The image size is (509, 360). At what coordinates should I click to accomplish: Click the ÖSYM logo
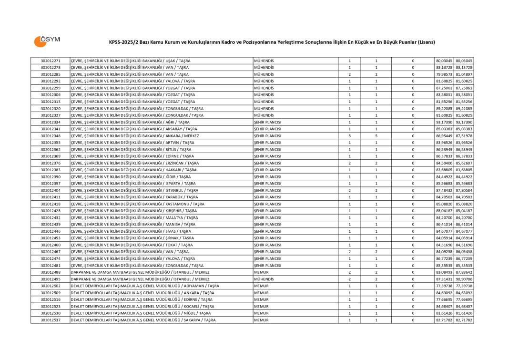pos(47,41)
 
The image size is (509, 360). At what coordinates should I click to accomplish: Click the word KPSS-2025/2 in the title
pos(123,42)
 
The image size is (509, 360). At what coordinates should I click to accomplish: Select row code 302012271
pos(51,61)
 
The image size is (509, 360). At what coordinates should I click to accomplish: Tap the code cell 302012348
pos(51,136)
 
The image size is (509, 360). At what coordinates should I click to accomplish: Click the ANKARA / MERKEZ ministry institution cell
pos(135,136)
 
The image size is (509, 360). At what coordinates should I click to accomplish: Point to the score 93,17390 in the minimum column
pos(444,122)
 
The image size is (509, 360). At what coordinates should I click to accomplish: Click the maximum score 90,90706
pos(464,279)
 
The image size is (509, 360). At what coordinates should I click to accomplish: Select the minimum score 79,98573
pos(444,74)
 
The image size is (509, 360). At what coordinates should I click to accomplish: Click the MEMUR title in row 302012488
pos(262,272)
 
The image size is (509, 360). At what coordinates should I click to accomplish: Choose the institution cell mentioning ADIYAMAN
pos(145,286)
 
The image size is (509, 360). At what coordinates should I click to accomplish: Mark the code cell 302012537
pos(51,320)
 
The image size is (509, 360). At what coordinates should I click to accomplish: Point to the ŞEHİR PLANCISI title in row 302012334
pos(267,122)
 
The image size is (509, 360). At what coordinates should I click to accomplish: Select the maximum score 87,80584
pos(464,190)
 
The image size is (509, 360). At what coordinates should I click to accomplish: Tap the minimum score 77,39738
pos(444,286)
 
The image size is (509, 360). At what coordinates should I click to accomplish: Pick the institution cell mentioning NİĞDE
pos(141,313)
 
